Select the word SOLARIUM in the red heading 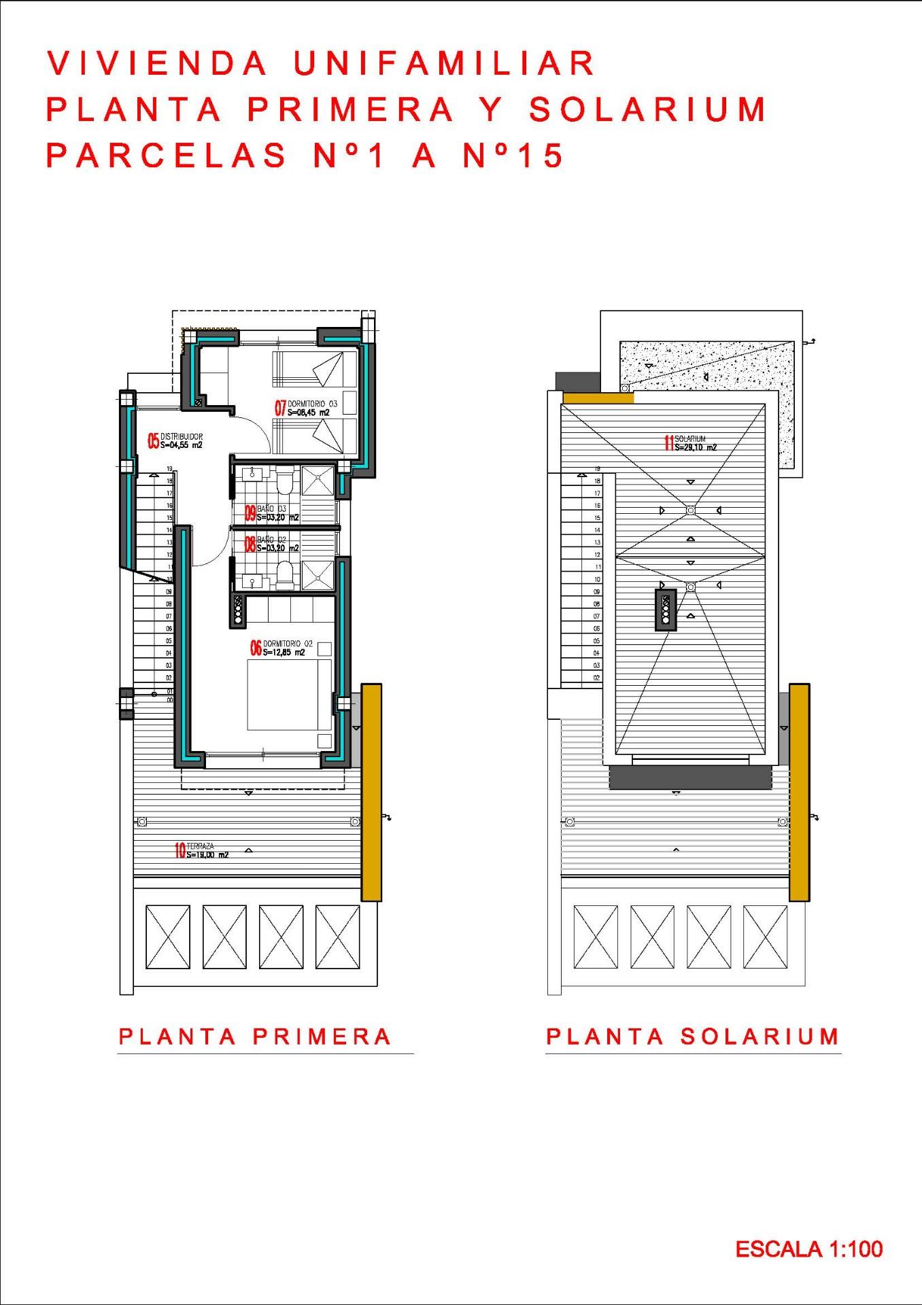point(647,110)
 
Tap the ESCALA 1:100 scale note point(808,1249)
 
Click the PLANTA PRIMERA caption point(255,1037)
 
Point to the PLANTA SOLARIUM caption point(692,1037)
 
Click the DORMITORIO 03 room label point(312,404)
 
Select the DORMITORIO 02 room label point(288,644)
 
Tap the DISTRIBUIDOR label point(181,437)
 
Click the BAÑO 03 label point(271,509)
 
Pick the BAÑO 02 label point(271,540)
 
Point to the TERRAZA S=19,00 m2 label point(207,850)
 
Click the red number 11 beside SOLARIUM point(669,443)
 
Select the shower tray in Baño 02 point(318,575)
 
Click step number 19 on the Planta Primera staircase point(169,469)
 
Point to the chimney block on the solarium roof point(666,609)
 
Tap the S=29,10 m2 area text point(696,448)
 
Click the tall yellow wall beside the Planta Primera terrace point(371,792)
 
